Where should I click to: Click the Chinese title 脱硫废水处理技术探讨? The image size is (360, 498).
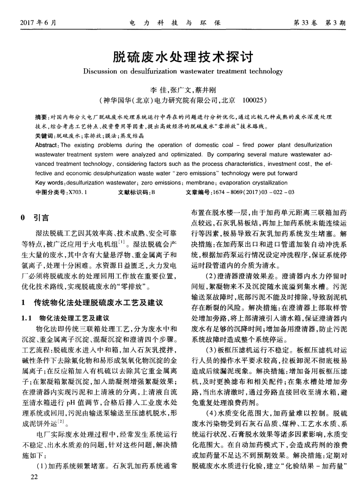pyautogui.click(x=179, y=55)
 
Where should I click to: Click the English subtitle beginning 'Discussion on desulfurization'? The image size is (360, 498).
pyautogui.click(x=179, y=70)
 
